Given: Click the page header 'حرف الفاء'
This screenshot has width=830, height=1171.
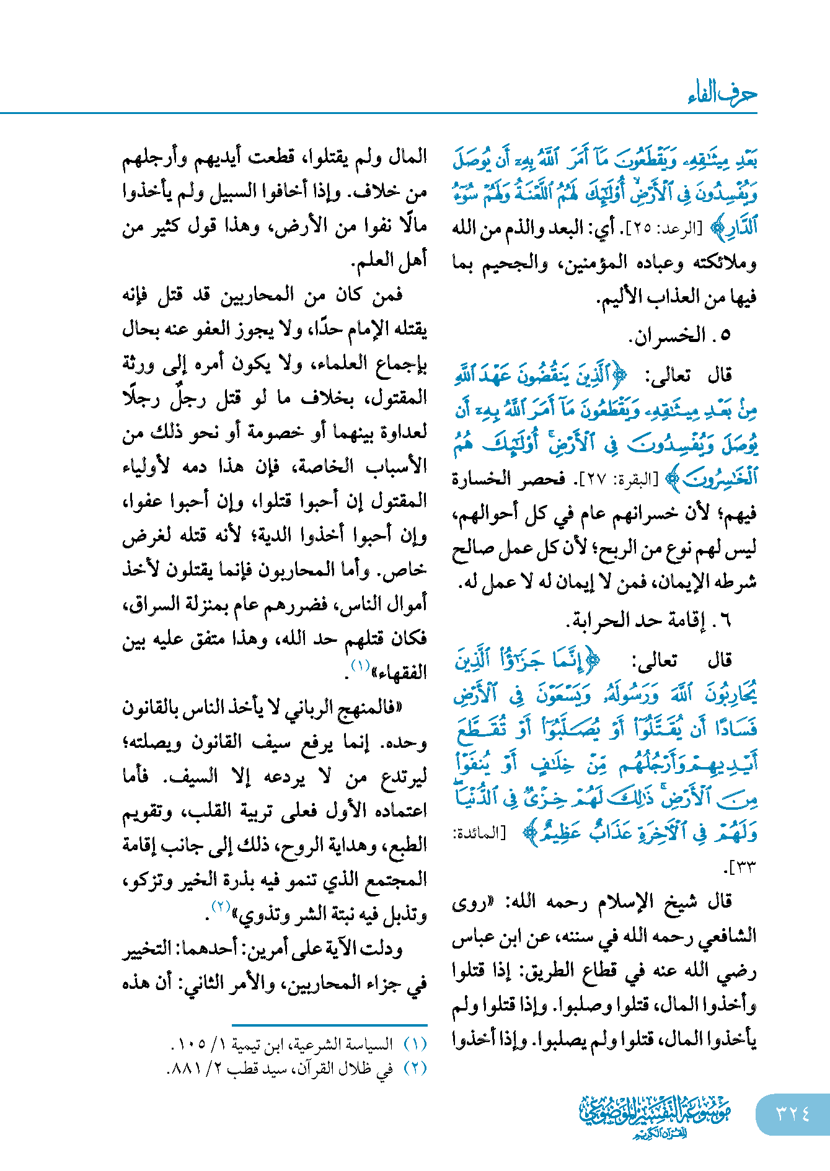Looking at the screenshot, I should pos(722,94).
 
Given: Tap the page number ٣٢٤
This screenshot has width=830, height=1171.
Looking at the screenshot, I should pos(793,1113).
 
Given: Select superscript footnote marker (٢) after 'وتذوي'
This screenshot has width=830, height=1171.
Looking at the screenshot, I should pos(221,906).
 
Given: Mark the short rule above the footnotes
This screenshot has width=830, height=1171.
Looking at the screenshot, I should pos(329,1025).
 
